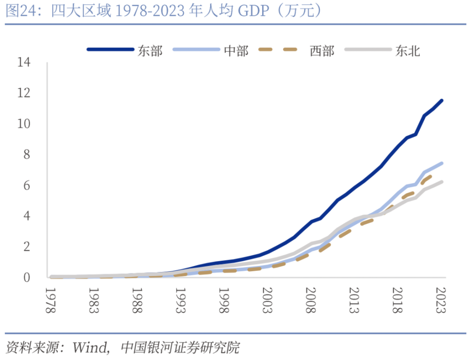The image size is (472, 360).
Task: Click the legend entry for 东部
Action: (150, 51)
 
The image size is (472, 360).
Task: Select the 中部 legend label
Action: (236, 51)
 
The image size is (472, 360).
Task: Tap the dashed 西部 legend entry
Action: (322, 51)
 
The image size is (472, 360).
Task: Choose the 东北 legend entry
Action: (407, 51)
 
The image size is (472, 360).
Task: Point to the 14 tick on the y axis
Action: (23, 62)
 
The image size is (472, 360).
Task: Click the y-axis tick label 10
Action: (23, 123)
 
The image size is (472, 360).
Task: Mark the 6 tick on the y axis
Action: (27, 185)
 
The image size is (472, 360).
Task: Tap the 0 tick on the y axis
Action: (27, 277)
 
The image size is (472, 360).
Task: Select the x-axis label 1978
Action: (50, 300)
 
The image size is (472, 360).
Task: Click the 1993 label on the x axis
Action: (180, 300)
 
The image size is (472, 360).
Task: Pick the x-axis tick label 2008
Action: (310, 300)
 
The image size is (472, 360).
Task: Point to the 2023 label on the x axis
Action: (440, 300)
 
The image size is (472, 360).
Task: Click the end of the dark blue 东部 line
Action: (441, 101)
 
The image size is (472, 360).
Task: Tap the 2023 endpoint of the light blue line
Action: (441, 163)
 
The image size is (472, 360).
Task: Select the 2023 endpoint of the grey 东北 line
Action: (441, 182)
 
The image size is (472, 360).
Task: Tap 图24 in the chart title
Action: (18, 11)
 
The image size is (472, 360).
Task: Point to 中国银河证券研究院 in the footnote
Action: (180, 349)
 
